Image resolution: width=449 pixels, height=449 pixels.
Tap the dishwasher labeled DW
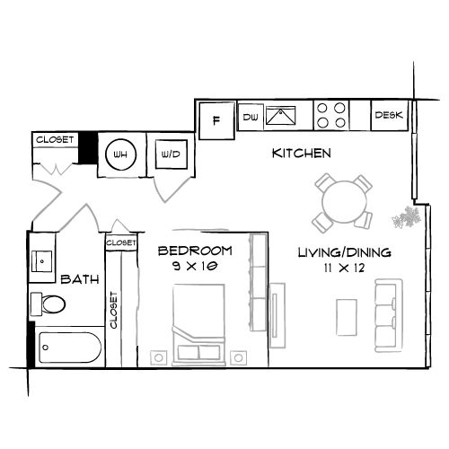coord(250,117)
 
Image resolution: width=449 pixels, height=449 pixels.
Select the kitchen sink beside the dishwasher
coord(286,117)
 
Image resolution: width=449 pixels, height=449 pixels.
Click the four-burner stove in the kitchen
coord(330,116)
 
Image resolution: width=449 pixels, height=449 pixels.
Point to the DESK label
coord(389,115)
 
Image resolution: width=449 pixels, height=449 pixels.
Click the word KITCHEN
coord(301,154)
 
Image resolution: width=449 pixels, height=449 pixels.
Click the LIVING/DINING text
coord(344,252)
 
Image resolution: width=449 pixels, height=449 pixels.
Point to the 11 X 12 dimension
coord(344,268)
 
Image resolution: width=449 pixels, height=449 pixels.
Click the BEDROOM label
coord(195,251)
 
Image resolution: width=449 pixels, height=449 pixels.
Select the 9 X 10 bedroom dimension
coord(195,266)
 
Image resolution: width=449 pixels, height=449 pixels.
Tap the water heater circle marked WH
coord(119,154)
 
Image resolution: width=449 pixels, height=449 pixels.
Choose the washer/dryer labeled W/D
coord(169,154)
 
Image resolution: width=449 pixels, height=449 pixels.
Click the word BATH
coord(78,280)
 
